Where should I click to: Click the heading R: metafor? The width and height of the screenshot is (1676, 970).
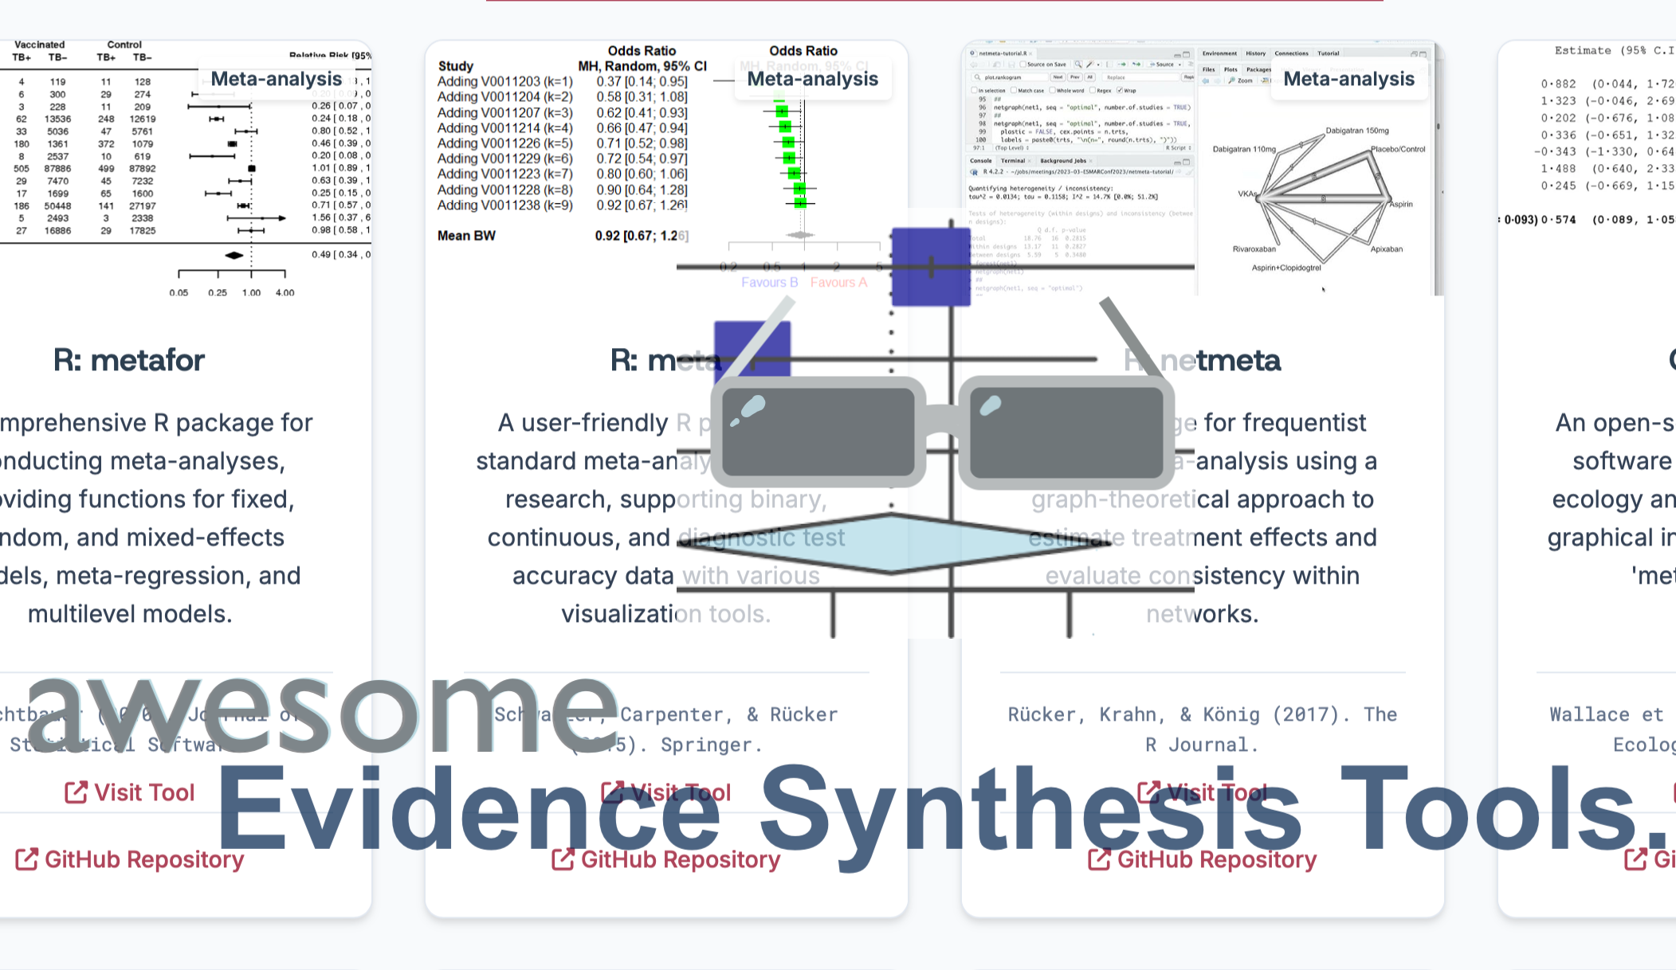[x=129, y=361]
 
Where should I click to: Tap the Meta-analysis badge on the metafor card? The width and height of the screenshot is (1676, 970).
[x=276, y=79]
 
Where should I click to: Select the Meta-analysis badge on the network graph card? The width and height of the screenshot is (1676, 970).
[x=1348, y=79]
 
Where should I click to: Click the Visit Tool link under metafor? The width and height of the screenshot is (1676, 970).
[x=130, y=792]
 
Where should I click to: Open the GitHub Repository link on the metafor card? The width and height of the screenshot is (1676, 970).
[x=130, y=859]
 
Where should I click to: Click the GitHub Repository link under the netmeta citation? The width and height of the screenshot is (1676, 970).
[x=1203, y=859]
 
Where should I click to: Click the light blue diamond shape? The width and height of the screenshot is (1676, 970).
[x=893, y=543]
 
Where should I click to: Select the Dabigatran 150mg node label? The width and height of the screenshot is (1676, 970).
[x=1356, y=131]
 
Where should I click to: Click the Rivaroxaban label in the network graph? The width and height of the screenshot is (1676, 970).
[x=1254, y=249]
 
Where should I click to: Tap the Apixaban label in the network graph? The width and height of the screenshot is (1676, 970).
[x=1386, y=249]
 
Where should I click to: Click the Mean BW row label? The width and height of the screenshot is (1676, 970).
[x=466, y=236]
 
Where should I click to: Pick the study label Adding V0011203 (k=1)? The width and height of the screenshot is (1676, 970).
[x=504, y=81]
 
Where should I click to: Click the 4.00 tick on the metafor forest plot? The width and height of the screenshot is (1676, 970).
[x=285, y=293]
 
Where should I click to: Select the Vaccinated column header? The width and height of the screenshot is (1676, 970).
[x=39, y=45]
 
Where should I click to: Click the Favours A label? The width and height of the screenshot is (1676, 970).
[x=838, y=283]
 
